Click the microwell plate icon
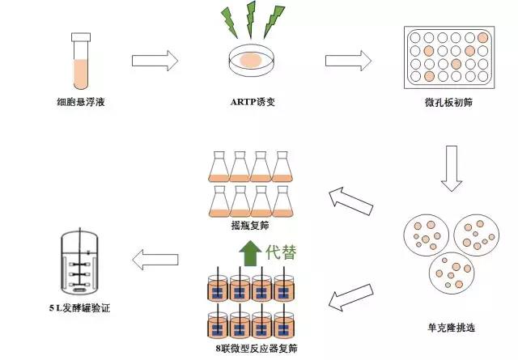[x=447, y=54]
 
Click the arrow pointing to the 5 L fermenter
[x=155, y=260]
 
